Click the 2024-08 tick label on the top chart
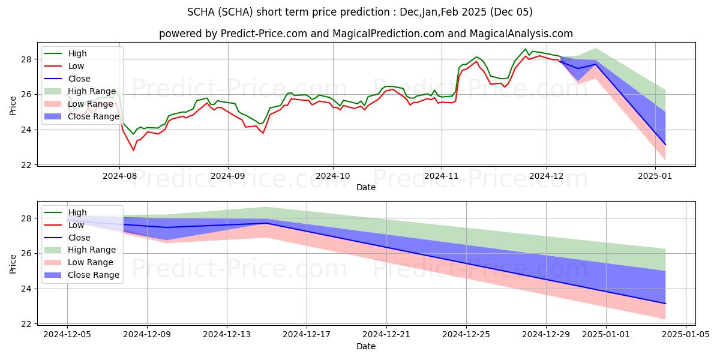pos(119,176)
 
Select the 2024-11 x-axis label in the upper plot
pos(442,176)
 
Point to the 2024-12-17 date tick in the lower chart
pos(307,335)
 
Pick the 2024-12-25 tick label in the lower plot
pos(466,335)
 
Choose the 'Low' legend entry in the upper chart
pos(76,66)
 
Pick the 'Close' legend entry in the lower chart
pos(79,238)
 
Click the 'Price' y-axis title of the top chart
pos(13,106)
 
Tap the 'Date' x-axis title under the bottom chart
pos(366,346)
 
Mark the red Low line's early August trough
pos(134,150)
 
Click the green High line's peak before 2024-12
pos(526,49)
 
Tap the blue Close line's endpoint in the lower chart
pos(665,304)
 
